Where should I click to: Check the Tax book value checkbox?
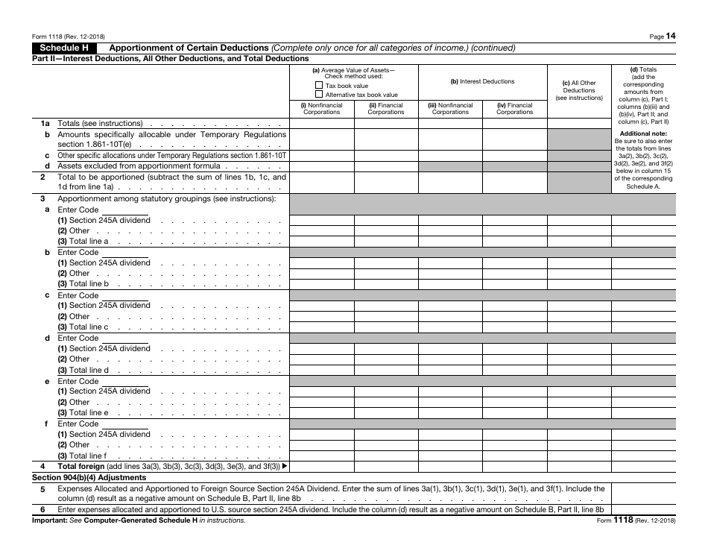[319, 86]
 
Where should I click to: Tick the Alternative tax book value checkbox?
[319, 95]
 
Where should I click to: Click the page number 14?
[671, 36]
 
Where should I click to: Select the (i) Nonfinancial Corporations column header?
[321, 109]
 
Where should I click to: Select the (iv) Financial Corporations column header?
[514, 109]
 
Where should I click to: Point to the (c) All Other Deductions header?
[579, 90]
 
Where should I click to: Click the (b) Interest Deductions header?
[482, 82]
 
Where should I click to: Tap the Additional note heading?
[643, 133]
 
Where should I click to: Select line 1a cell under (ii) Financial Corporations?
[385, 123]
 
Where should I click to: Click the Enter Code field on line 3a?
[124, 210]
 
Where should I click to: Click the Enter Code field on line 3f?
[124, 423]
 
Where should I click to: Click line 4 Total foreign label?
[82, 467]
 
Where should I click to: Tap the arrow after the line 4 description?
[284, 467]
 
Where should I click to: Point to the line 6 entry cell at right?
[643, 510]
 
